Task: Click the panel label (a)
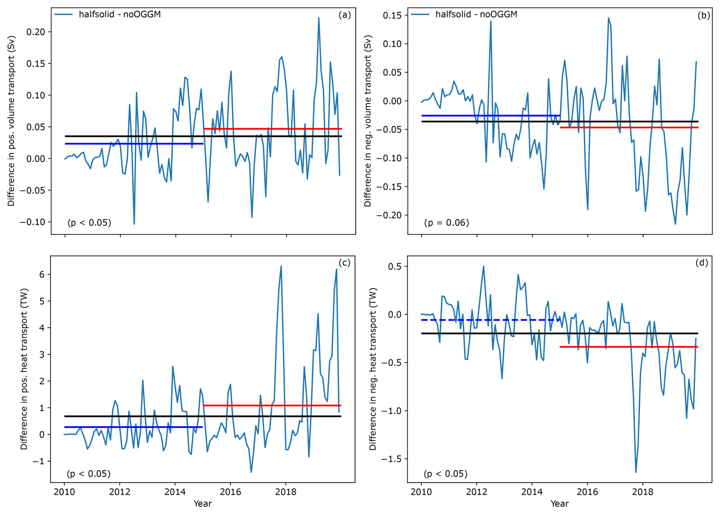[x=344, y=15]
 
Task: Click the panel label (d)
[x=701, y=263]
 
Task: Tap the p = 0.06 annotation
[x=446, y=222]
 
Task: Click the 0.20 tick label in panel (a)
[x=36, y=32]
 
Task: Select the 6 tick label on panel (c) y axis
[x=42, y=274]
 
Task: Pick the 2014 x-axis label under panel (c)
[x=175, y=492]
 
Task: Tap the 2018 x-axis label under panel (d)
[x=643, y=492]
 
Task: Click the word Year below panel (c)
[x=202, y=504]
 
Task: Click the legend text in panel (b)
[x=476, y=14]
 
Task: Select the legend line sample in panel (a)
[x=64, y=14]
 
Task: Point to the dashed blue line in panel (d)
[x=487, y=320]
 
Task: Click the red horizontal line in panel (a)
[x=272, y=129]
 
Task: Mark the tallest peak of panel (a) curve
[x=319, y=18]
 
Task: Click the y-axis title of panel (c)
[x=24, y=369]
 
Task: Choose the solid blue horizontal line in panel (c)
[x=133, y=427]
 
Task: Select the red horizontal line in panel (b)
[x=629, y=127]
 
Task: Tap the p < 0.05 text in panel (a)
[x=89, y=222]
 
